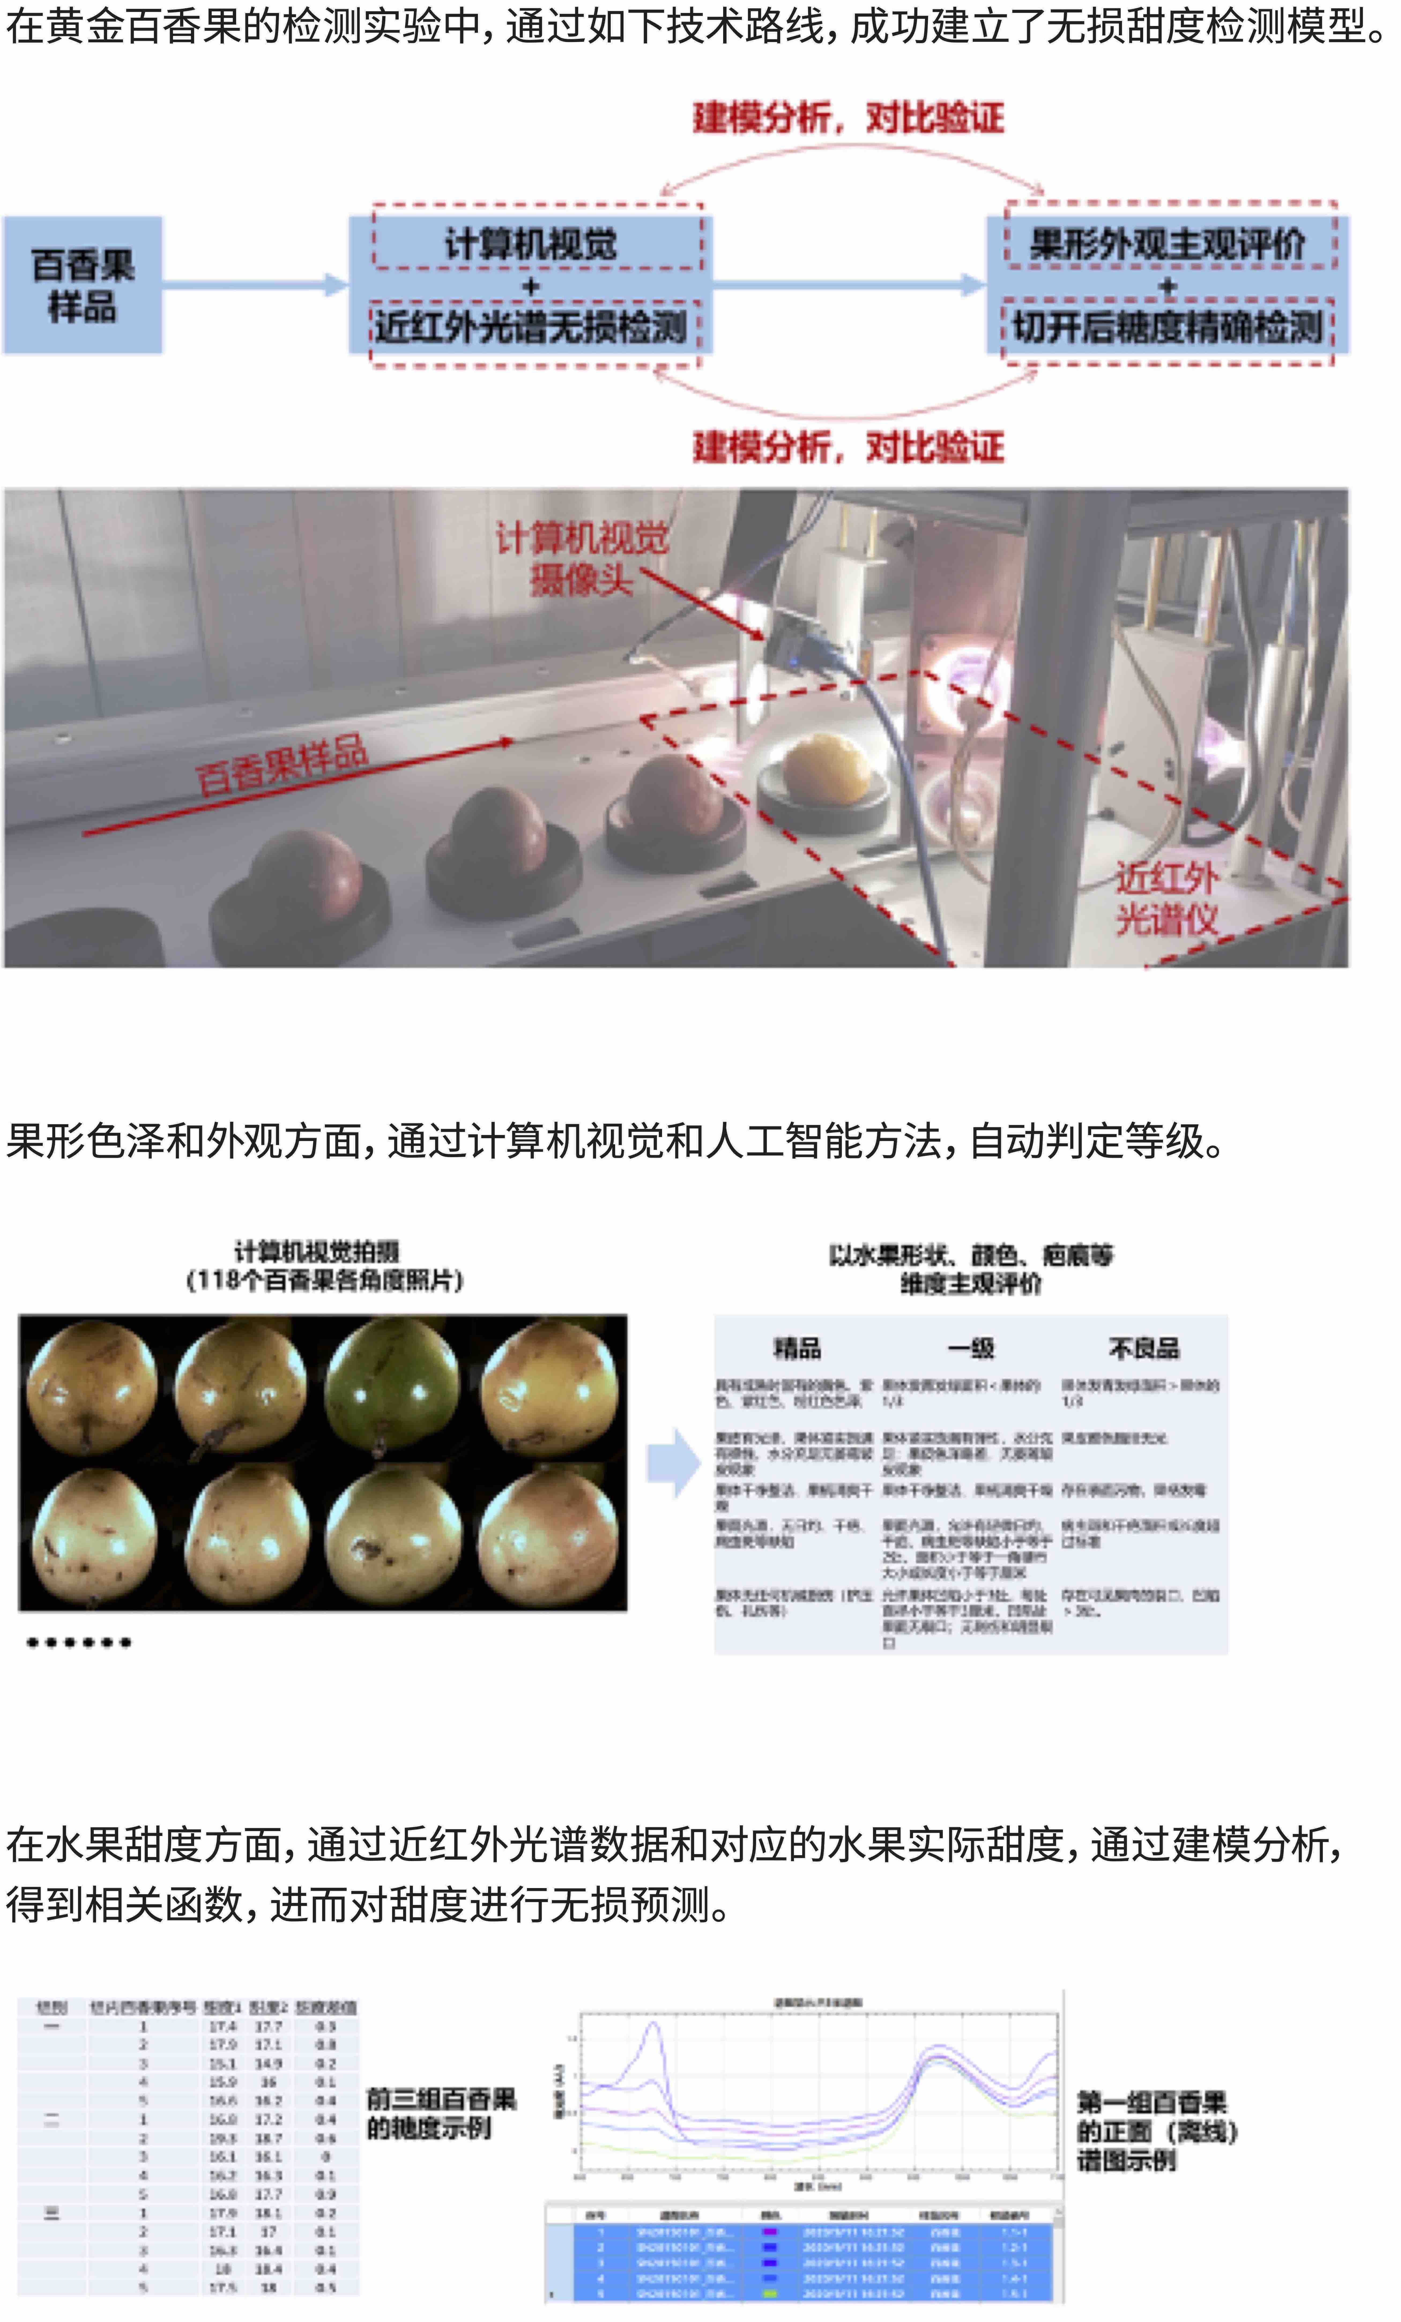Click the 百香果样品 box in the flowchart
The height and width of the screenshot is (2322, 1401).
pos(83,285)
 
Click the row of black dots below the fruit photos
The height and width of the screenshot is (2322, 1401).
pos(79,1642)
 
